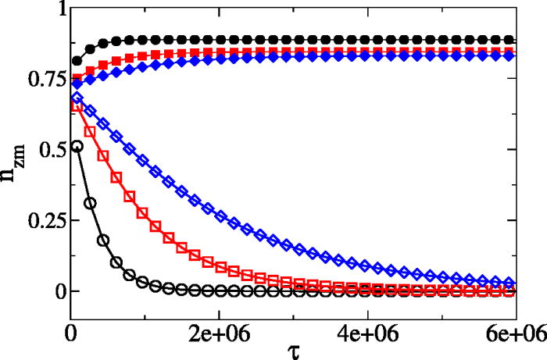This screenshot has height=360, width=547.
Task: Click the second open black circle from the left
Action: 90,203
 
